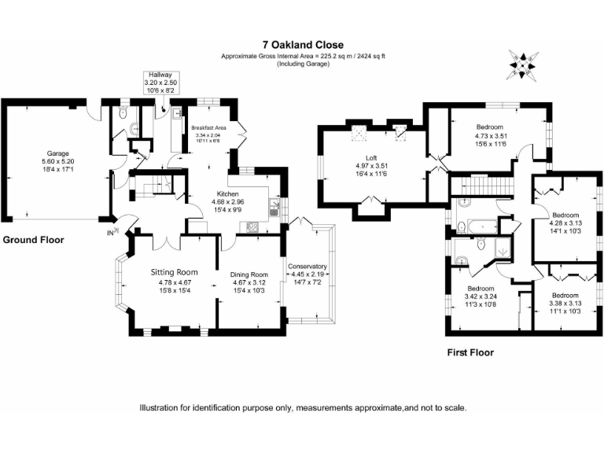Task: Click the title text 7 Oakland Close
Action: point(303,46)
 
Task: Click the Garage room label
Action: point(57,153)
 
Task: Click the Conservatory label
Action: point(307,267)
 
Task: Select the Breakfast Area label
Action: point(208,127)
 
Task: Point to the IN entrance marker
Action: point(112,233)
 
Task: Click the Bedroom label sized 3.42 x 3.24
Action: point(481,288)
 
